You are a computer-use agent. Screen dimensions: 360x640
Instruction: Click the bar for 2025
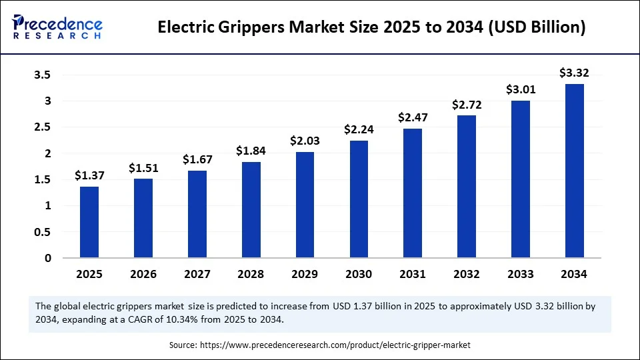[89, 222]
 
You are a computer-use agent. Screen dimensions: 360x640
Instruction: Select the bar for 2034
[575, 171]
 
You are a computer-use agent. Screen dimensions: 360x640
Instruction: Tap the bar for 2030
[359, 199]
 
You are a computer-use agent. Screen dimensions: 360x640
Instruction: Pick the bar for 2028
[251, 209]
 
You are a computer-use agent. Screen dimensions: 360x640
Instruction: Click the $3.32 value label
[575, 73]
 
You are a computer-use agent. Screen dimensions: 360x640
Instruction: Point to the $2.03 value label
[305, 141]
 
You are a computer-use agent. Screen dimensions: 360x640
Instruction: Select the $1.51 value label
[143, 167]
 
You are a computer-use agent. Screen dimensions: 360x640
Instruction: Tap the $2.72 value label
[467, 105]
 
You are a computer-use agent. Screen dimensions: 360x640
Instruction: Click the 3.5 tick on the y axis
[42, 75]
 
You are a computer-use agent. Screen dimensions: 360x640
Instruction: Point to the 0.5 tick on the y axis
[42, 232]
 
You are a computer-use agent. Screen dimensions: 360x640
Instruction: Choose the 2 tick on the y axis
[47, 153]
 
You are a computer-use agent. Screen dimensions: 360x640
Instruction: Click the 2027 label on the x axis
[197, 274]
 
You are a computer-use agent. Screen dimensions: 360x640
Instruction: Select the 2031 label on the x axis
[413, 274]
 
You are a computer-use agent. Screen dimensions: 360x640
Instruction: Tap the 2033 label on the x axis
[521, 274]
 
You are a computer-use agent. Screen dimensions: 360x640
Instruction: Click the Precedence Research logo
[57, 26]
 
